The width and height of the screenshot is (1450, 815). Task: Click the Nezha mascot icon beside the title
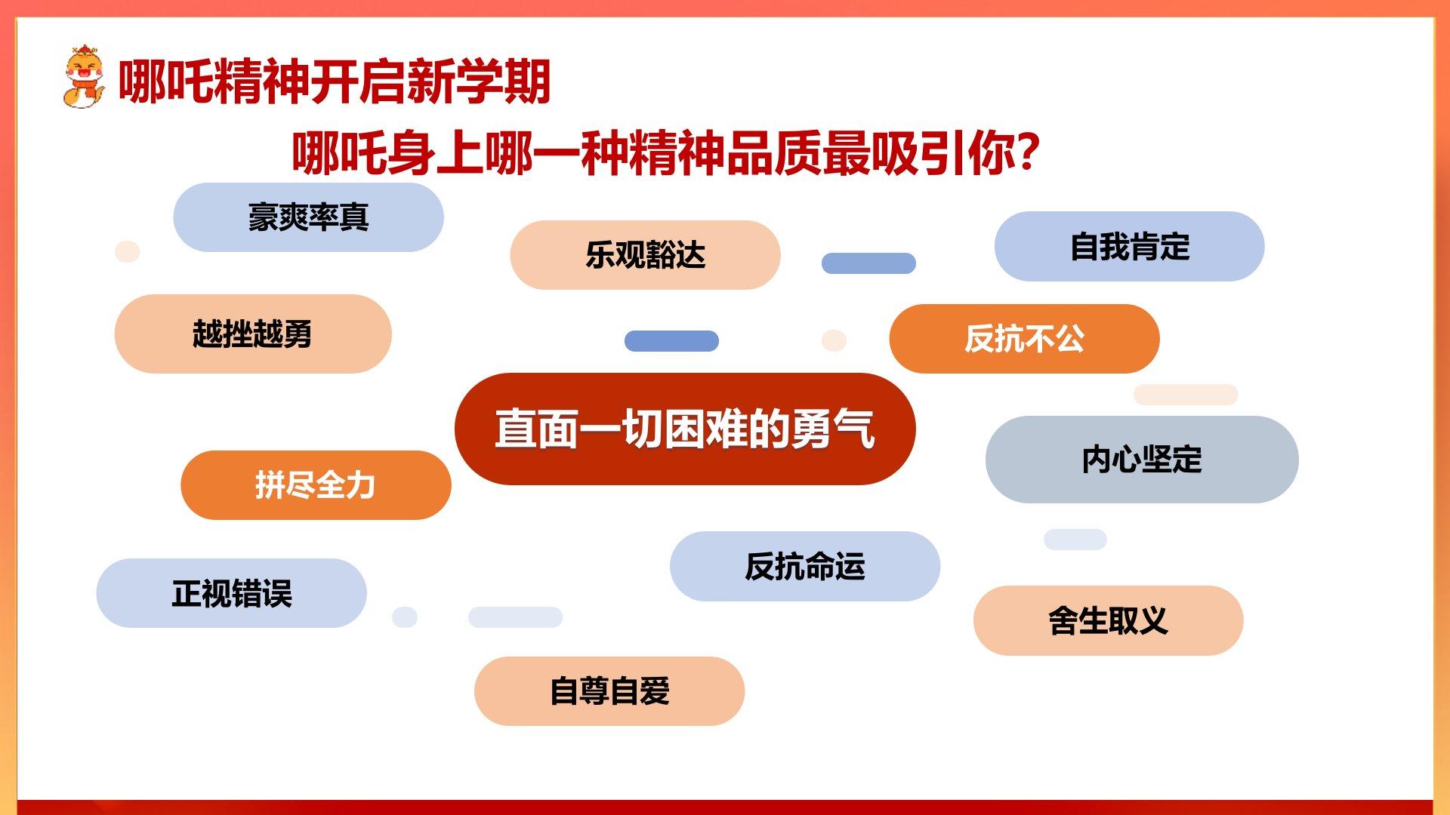[x=83, y=78]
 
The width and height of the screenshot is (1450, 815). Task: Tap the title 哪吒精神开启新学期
[x=335, y=81]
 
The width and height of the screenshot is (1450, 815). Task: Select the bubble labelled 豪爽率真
[x=308, y=217]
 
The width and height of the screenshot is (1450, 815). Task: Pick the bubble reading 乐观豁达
[x=645, y=255]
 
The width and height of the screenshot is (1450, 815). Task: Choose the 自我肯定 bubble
[x=1129, y=247]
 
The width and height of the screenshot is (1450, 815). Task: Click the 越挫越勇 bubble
[x=253, y=334]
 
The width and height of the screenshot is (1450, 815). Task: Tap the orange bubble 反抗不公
[x=1024, y=339]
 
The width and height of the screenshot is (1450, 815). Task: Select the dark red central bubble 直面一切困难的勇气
[x=685, y=429]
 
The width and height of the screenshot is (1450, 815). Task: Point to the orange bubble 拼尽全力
[x=316, y=485]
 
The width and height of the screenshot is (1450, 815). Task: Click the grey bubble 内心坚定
[x=1142, y=460]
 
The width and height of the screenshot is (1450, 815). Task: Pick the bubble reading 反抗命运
[x=805, y=566]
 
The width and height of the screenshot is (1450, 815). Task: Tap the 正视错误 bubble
[x=231, y=593]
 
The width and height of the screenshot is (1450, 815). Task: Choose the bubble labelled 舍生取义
[x=1108, y=620]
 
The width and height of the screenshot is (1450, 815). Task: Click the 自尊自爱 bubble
[x=609, y=691]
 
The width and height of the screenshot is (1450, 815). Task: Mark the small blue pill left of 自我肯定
[x=868, y=263]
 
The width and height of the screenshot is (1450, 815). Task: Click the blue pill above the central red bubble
[x=671, y=341]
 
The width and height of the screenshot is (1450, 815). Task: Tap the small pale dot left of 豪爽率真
[x=127, y=251]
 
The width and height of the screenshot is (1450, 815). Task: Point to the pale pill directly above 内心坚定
[x=1186, y=395]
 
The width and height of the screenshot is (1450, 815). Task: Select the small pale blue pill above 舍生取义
[x=1075, y=540]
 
